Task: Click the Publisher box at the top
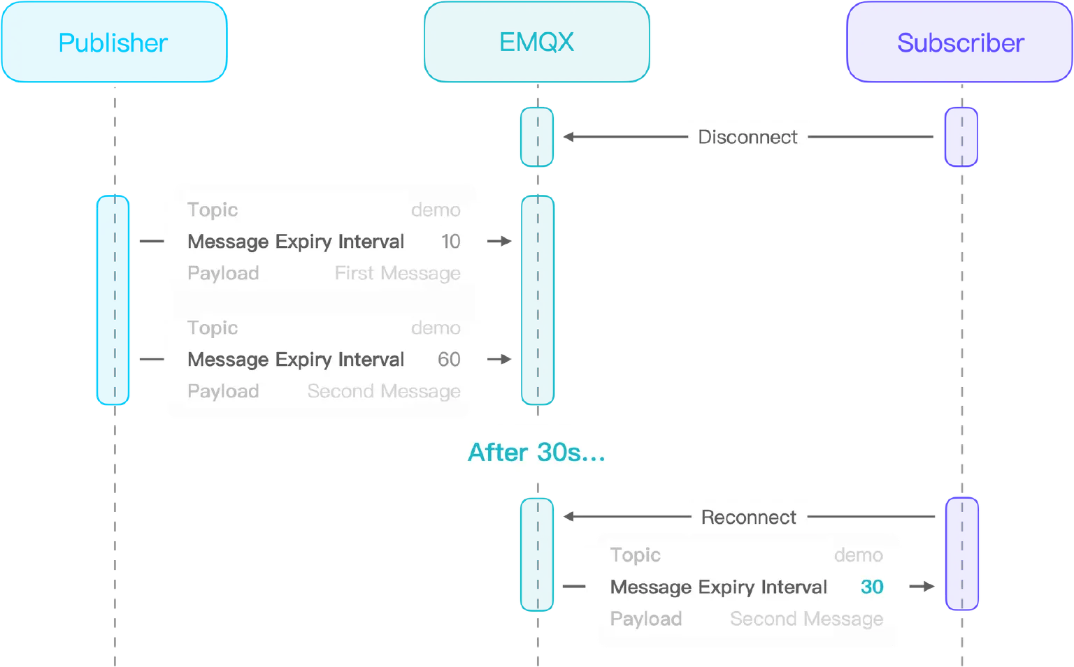coord(114,43)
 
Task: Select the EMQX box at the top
coord(536,43)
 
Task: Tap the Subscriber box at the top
coord(959,43)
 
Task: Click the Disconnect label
coord(747,137)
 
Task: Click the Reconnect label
coord(748,518)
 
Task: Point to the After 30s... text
coord(536,453)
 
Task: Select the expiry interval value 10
coord(450,242)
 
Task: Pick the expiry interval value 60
coord(449,360)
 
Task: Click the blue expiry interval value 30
coord(871,587)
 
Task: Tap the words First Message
coord(397,274)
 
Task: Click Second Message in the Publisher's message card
coord(384,392)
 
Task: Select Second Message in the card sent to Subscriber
coord(806,620)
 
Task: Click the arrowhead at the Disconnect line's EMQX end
coord(569,138)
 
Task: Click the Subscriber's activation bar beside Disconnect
coord(961,138)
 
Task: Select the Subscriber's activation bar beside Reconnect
coord(961,554)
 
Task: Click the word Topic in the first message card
coord(213,210)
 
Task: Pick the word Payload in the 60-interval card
coord(223,392)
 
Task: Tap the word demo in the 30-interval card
coord(858,555)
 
